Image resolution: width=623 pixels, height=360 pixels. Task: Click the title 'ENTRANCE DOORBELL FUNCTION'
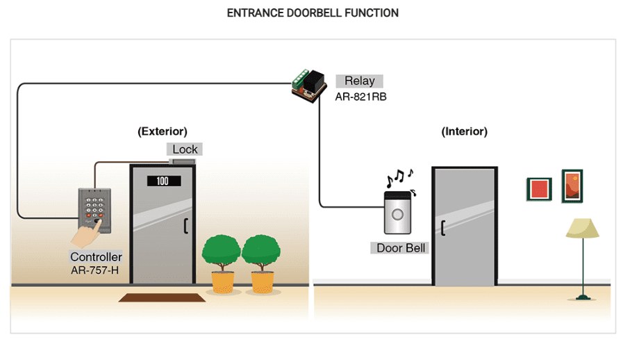pyautogui.click(x=313, y=13)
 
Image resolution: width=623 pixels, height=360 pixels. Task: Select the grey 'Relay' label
pyautogui.click(x=359, y=81)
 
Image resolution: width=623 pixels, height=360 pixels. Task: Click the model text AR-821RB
pyautogui.click(x=360, y=97)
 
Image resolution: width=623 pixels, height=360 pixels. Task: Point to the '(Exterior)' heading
pyautogui.click(x=163, y=131)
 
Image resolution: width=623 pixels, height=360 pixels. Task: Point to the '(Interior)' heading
pyautogui.click(x=465, y=131)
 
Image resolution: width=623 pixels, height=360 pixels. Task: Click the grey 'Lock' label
pyautogui.click(x=185, y=149)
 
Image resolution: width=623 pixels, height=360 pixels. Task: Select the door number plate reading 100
pyautogui.click(x=163, y=181)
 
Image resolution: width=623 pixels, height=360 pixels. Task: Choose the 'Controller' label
pyautogui.click(x=96, y=257)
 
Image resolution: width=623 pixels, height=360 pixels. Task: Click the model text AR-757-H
pyautogui.click(x=94, y=270)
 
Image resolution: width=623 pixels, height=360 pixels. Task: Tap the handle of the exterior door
pyautogui.click(x=185, y=226)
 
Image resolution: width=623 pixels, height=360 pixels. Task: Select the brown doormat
pyautogui.click(x=162, y=298)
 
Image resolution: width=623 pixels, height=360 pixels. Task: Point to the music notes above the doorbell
pyautogui.click(x=399, y=179)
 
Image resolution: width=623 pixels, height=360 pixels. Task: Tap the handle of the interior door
pyautogui.click(x=442, y=227)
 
